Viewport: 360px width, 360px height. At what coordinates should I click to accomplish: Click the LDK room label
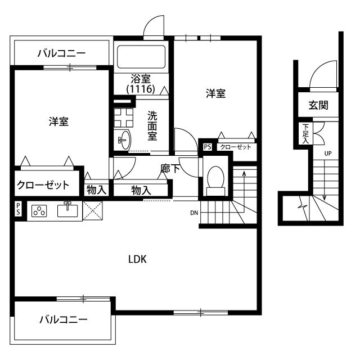tap(137, 259)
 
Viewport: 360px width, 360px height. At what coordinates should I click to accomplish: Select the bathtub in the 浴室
tap(141, 57)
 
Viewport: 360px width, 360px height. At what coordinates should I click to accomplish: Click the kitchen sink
tap(68, 210)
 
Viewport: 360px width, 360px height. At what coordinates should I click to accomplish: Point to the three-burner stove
tap(39, 211)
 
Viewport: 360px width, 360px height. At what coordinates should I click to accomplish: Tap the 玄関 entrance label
tap(318, 105)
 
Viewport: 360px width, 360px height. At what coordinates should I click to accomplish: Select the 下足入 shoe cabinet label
tap(305, 134)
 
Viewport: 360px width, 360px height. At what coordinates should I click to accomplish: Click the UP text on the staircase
tap(327, 153)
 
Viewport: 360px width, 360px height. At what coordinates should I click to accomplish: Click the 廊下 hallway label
tap(170, 168)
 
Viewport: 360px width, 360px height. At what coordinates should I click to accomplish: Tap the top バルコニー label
tap(61, 54)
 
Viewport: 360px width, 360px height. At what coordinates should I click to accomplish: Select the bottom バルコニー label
tap(63, 320)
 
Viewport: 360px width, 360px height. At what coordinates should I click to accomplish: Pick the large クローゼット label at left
tap(43, 184)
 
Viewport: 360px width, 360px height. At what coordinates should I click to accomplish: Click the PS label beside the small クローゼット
tap(208, 147)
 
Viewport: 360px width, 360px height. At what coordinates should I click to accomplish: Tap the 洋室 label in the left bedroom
tap(58, 121)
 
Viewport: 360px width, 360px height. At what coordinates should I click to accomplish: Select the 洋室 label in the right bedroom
tap(215, 94)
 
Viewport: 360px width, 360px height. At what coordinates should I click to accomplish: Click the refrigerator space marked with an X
tap(93, 210)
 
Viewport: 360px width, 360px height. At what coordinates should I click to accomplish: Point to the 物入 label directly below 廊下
tap(141, 190)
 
